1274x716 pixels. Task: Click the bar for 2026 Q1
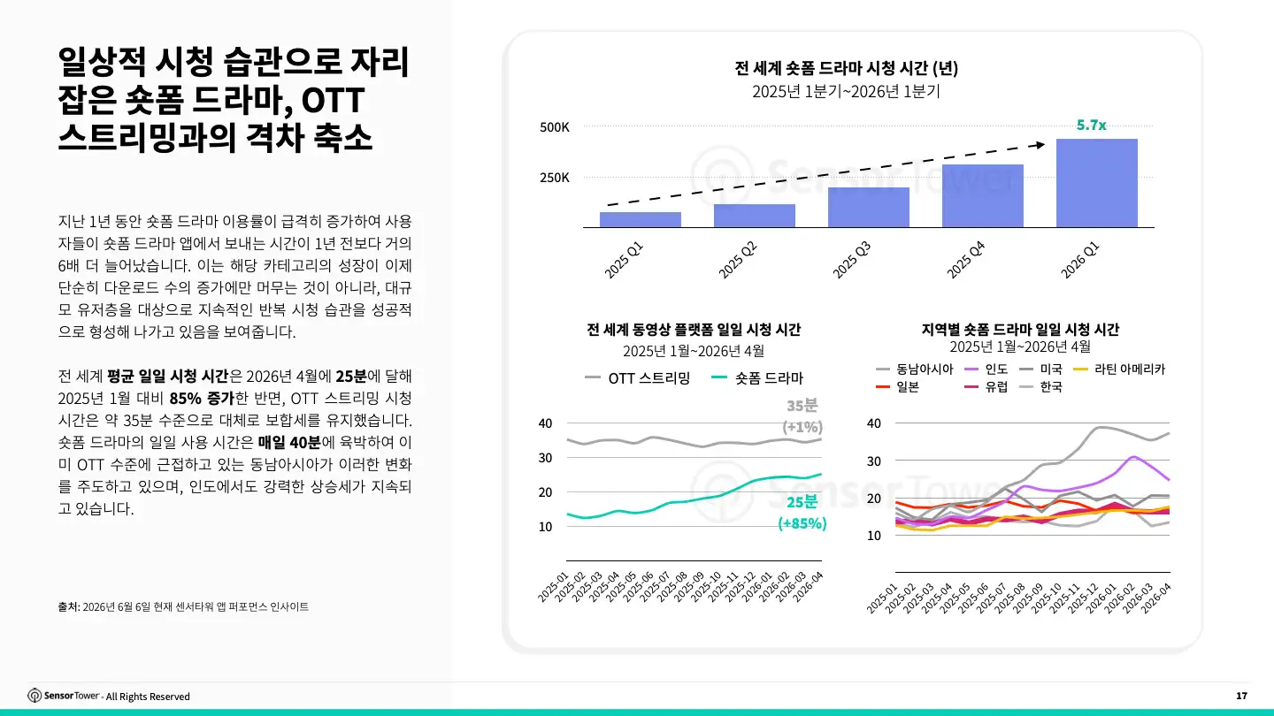pyautogui.click(x=1096, y=183)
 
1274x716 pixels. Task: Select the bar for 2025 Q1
pyautogui.click(x=641, y=220)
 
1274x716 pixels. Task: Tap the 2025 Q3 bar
pyautogui.click(x=869, y=208)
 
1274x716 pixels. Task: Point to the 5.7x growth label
pyautogui.click(x=1091, y=125)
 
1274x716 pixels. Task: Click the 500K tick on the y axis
pyautogui.click(x=555, y=126)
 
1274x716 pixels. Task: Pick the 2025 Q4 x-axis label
pyautogui.click(x=966, y=260)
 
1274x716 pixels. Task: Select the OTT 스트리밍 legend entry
pyautogui.click(x=638, y=378)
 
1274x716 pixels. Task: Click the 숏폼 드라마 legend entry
pyautogui.click(x=757, y=378)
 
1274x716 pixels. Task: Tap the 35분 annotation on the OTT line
pyautogui.click(x=802, y=406)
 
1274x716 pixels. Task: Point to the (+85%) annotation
pyautogui.click(x=802, y=523)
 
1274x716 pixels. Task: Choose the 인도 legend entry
pyautogui.click(x=986, y=369)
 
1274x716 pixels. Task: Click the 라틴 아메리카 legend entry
pyautogui.click(x=1118, y=369)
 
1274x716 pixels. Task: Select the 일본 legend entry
pyautogui.click(x=897, y=387)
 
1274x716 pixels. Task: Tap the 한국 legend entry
pyautogui.click(x=1040, y=387)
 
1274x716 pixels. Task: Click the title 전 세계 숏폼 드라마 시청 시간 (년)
pyautogui.click(x=847, y=68)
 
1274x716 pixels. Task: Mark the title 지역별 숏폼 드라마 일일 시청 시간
pyautogui.click(x=1020, y=330)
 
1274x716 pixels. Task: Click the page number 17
pyautogui.click(x=1241, y=696)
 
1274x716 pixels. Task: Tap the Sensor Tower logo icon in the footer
pyautogui.click(x=35, y=696)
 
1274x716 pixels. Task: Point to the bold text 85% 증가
pyautogui.click(x=202, y=399)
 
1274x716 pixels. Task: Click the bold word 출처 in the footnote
pyautogui.click(x=67, y=607)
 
